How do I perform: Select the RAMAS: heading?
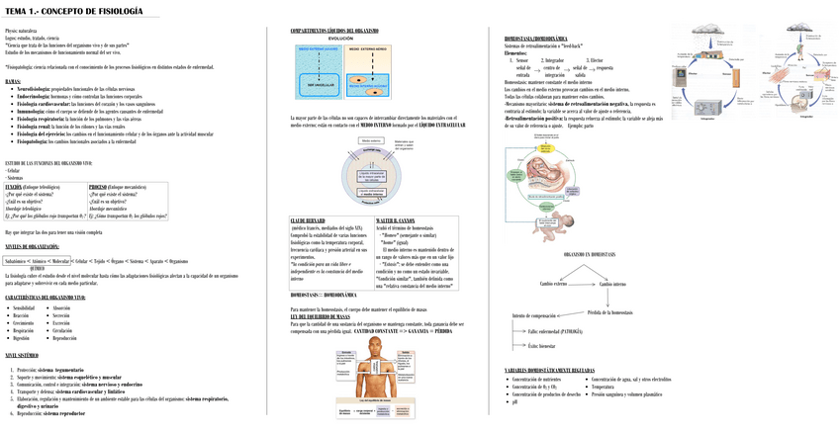(x=13, y=81)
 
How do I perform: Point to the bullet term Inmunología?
(x=30, y=112)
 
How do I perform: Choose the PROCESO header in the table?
(x=98, y=186)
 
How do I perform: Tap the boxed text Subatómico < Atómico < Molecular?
(x=38, y=261)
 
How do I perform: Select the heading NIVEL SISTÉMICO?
(x=22, y=355)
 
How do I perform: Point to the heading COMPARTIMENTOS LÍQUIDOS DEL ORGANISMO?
(x=334, y=31)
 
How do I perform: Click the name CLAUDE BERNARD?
(x=308, y=220)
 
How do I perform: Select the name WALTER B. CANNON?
(x=396, y=220)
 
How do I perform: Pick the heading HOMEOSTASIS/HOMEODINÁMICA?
(x=542, y=39)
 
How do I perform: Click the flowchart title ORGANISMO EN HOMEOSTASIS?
(x=589, y=254)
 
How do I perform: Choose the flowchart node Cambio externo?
(x=553, y=284)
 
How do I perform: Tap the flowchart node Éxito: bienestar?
(x=542, y=345)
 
